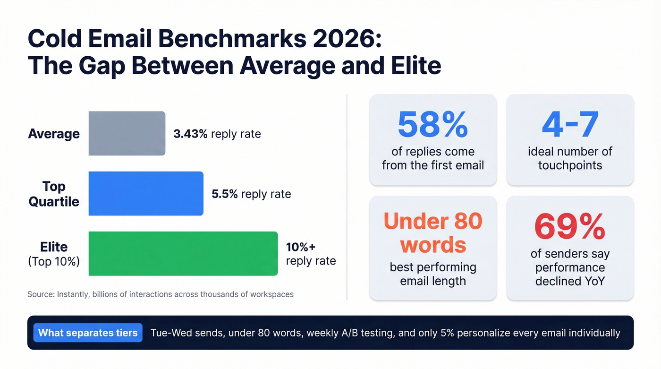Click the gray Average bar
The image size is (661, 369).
pos(127,133)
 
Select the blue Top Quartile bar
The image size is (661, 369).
pos(146,193)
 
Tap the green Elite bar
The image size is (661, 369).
pos(183,253)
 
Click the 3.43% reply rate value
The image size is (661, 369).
pos(217,134)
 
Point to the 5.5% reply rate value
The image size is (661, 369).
pos(251,194)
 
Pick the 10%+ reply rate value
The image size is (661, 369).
pos(311,254)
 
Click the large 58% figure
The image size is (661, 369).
pos(432,124)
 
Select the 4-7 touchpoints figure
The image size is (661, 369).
pos(570,124)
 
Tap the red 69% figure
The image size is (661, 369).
pos(570,227)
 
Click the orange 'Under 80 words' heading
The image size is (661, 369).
pos(432,233)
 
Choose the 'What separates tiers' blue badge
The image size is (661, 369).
pos(88,333)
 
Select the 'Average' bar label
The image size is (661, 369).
pos(54,134)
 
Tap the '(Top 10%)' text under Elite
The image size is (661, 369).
pos(54,261)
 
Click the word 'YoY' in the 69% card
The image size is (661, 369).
pos(593,281)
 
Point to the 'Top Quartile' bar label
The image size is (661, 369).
pos(54,194)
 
